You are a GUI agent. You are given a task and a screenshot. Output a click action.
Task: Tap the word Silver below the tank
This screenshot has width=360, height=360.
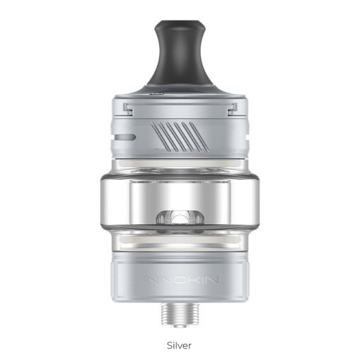[x=180, y=344]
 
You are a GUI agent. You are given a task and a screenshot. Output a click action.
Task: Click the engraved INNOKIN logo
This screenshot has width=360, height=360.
[x=179, y=279]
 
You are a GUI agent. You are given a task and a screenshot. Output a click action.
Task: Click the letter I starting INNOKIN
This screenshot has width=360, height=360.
[x=146, y=279]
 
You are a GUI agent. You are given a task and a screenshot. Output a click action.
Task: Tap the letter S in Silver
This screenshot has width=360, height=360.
[x=169, y=344]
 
